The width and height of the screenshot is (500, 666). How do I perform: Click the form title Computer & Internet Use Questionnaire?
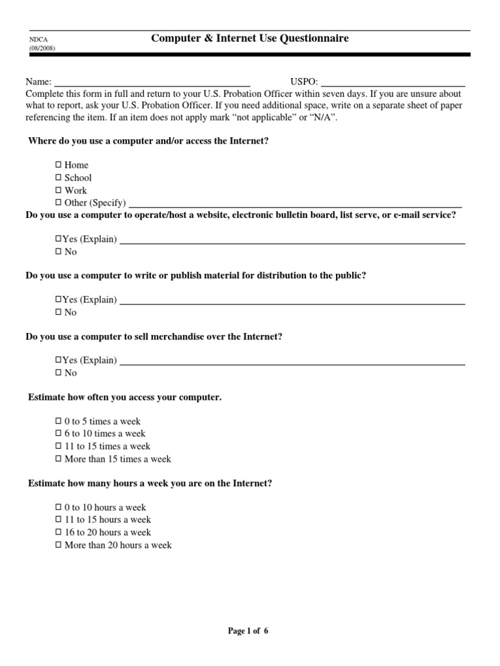coord(250,38)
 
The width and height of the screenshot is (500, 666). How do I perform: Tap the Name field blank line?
coord(151,83)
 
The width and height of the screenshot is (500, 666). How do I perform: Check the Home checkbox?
coord(59,165)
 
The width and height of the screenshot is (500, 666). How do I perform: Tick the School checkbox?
coord(59,178)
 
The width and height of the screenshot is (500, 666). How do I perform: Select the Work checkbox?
coord(59,191)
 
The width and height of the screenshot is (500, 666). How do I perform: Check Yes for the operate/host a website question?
coord(59,239)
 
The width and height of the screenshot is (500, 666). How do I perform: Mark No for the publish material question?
coord(59,312)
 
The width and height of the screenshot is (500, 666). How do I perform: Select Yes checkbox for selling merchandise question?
coord(59,360)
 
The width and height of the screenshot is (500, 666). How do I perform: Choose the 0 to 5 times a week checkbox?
coord(59,421)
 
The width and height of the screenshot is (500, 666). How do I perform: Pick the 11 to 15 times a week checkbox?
coord(59,446)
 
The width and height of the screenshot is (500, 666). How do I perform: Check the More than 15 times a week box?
coord(59,459)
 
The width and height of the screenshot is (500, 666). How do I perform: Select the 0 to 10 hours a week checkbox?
coord(59,507)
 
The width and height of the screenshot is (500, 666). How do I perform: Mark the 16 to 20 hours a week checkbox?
coord(59,533)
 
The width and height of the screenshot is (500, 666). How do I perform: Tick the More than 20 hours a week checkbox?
coord(59,545)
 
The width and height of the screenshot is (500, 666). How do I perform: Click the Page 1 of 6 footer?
coord(247,631)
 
